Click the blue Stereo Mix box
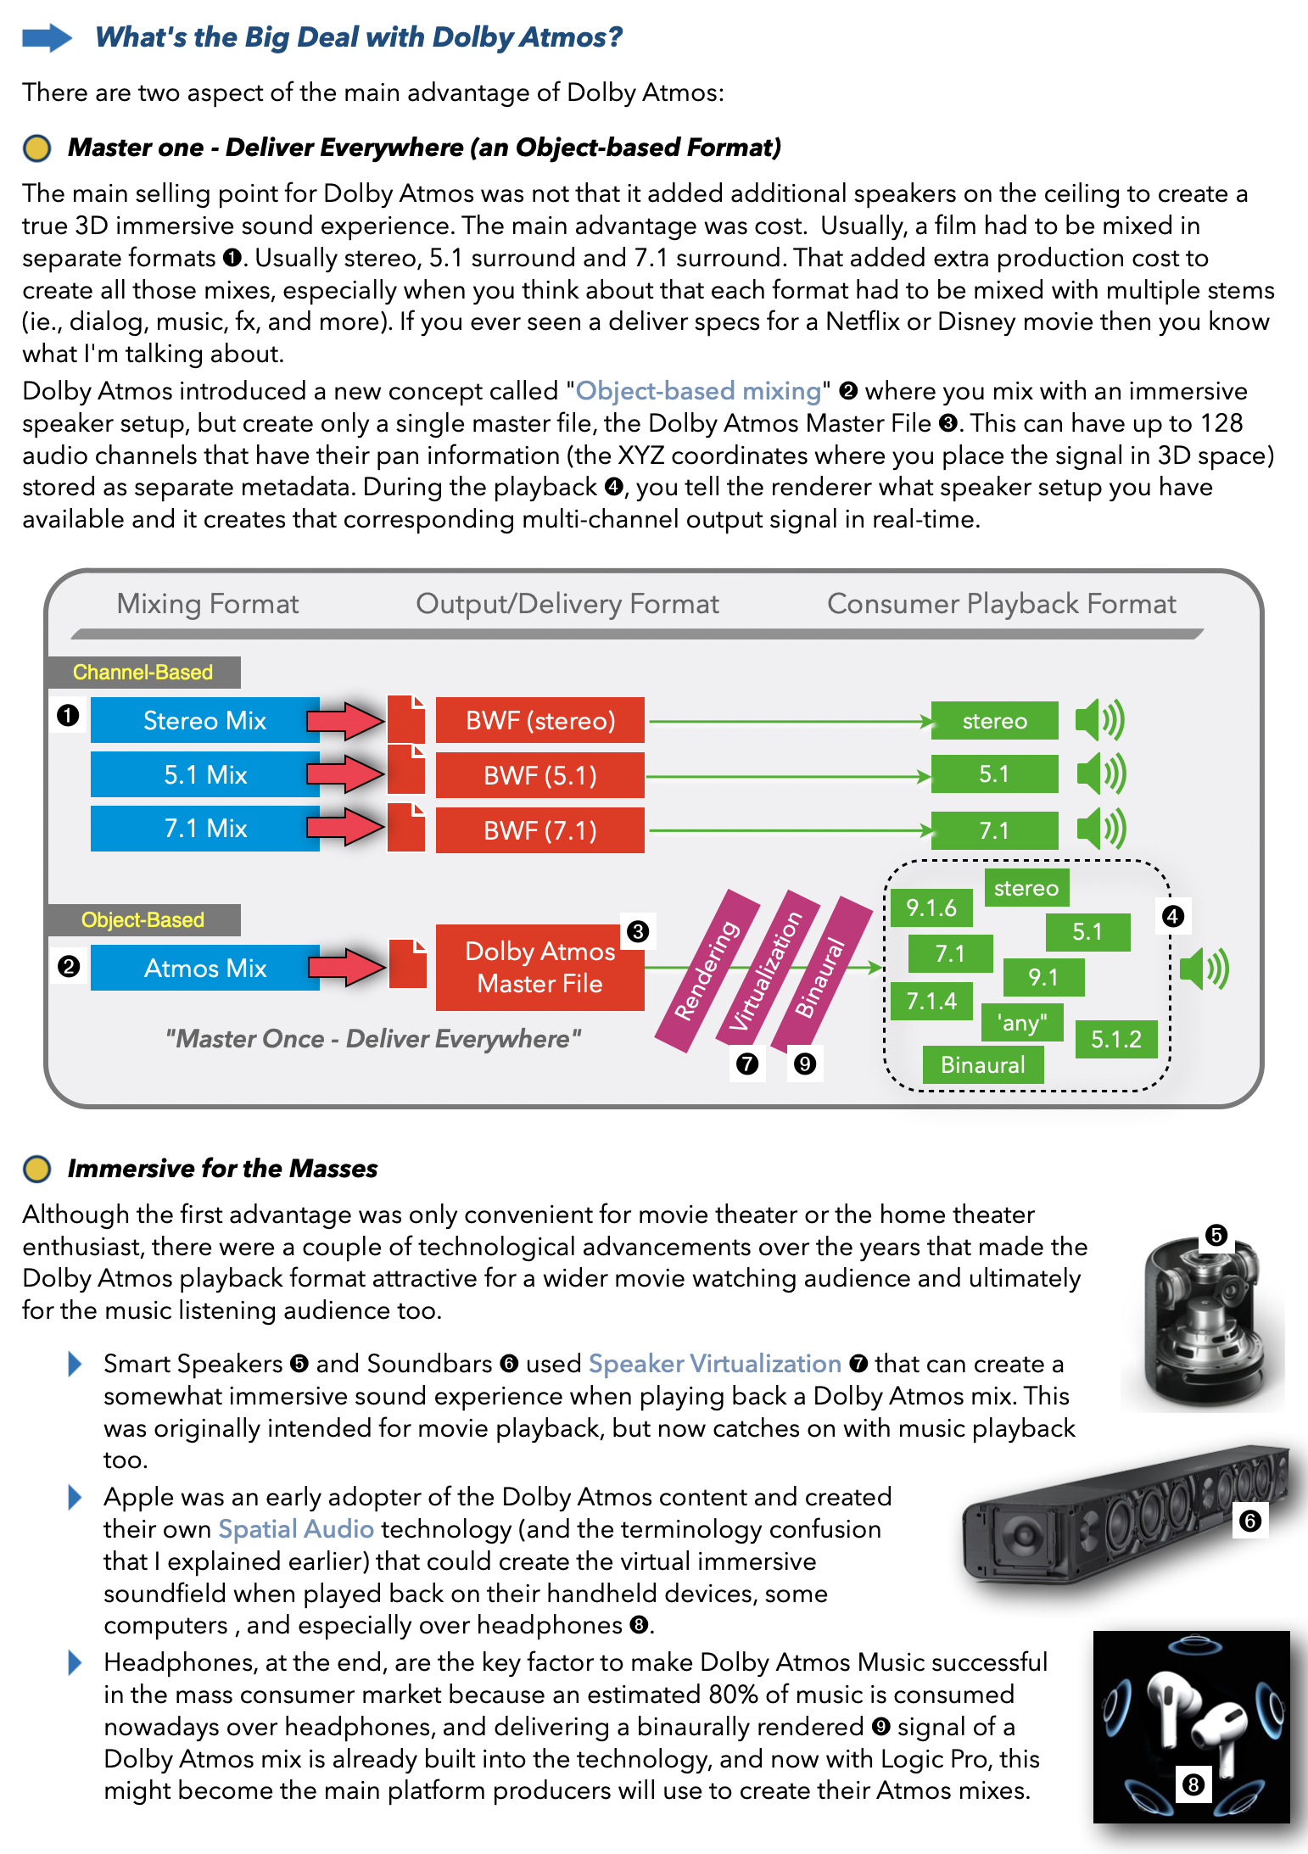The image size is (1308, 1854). click(x=204, y=721)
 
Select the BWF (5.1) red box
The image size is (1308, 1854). click(x=539, y=775)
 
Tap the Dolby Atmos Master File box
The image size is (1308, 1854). click(x=539, y=968)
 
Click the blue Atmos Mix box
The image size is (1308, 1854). click(x=204, y=968)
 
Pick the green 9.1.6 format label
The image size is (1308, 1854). click(x=931, y=908)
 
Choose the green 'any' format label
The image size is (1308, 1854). click(x=1021, y=1023)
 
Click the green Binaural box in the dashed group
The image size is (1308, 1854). click(x=982, y=1065)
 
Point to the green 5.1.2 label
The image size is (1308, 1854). click(x=1115, y=1039)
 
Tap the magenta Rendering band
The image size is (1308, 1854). click(x=707, y=970)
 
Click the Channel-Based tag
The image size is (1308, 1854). click(x=143, y=673)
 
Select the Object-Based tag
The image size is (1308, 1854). click(x=143, y=920)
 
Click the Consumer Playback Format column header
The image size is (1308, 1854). click(x=1001, y=604)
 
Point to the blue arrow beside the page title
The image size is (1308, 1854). click(x=47, y=37)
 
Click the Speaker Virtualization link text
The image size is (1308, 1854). click(x=714, y=1364)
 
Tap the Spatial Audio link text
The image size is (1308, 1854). click(x=296, y=1529)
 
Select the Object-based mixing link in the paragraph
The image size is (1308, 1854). click(x=698, y=391)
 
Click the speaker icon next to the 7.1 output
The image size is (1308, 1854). click(x=1100, y=829)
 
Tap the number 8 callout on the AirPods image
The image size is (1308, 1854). click(x=1193, y=1785)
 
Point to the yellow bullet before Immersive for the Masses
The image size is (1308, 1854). click(x=36, y=1169)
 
